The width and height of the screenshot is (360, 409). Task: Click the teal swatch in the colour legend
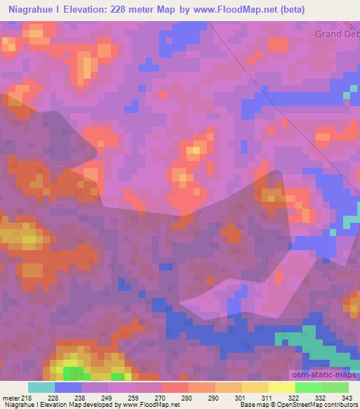coord(41,387)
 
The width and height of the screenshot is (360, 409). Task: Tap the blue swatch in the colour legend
coord(68,387)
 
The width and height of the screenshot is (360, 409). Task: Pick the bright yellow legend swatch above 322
coord(281,387)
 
